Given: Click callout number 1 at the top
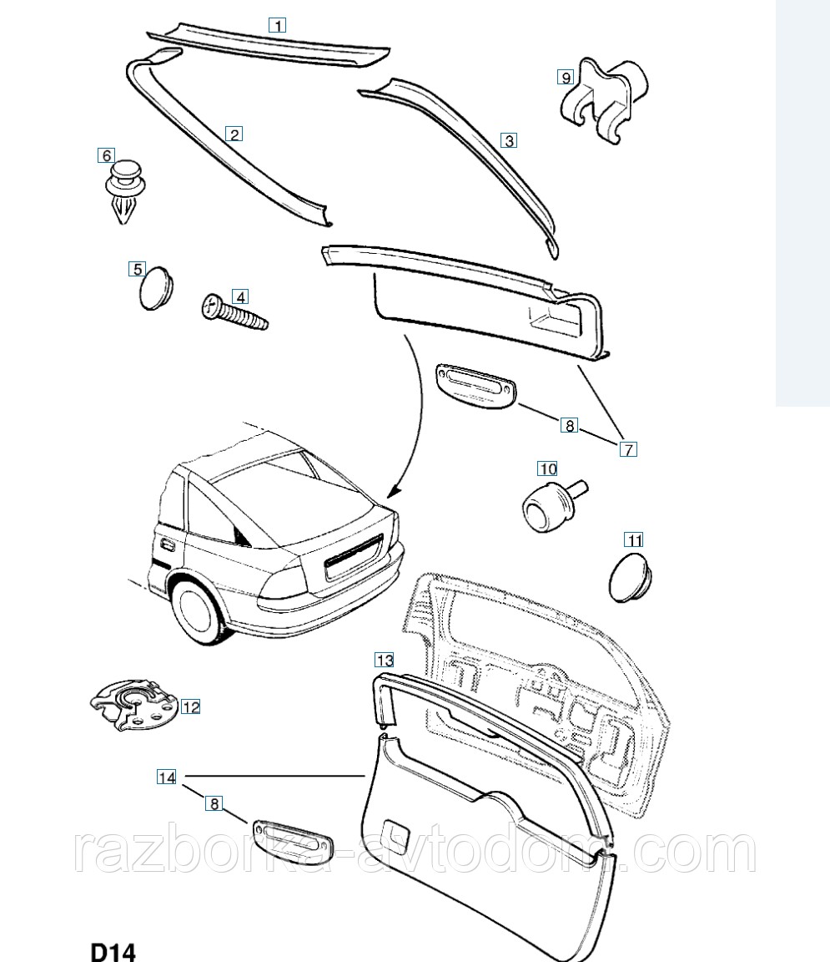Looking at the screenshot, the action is click(x=278, y=25).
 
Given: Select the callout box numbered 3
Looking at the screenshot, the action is click(x=509, y=140).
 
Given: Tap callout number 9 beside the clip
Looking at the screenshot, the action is click(x=566, y=78).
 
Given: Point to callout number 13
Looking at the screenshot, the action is click(x=385, y=661).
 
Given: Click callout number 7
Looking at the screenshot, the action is click(x=628, y=449).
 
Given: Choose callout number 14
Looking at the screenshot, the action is click(x=167, y=777).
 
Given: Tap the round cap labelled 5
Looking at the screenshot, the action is click(x=156, y=287).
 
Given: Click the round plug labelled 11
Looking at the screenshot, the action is click(x=631, y=577).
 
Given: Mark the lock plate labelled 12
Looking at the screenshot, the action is click(x=132, y=706).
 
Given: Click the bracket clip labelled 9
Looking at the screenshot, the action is click(x=604, y=101).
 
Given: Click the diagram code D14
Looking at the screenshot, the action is click(x=113, y=950).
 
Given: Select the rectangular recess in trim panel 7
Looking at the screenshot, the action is click(x=554, y=321).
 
